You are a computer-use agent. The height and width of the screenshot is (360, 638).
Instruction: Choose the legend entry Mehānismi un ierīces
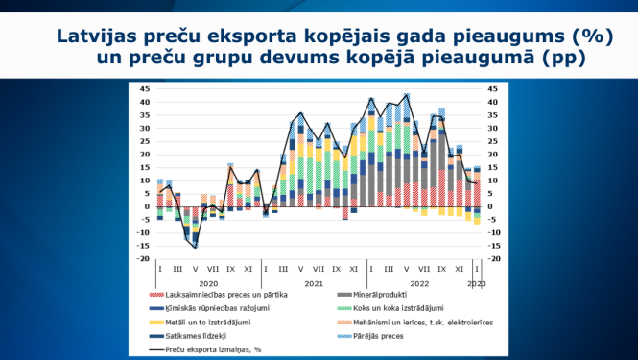(x=422, y=322)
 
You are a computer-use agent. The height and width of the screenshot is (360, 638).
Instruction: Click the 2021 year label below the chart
(x=314, y=283)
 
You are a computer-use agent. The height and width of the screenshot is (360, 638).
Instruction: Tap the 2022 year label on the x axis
(x=418, y=283)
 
